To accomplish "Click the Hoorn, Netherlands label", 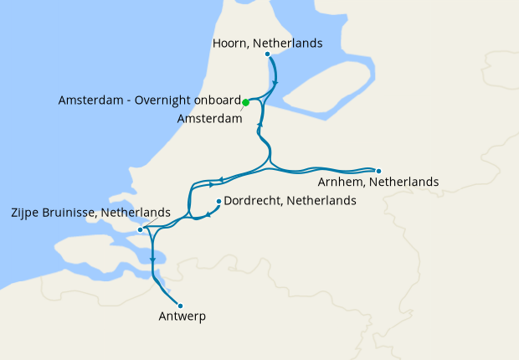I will point(266,43).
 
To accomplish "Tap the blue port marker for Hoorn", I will point(268,54).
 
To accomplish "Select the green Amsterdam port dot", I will point(245,102).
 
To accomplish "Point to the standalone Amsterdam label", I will point(209,119).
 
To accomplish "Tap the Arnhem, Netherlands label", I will point(378,182).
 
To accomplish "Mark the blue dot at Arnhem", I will point(378,170).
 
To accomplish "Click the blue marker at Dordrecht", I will point(219,201).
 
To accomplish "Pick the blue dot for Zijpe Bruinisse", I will point(140,229).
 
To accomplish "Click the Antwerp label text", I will point(182,316).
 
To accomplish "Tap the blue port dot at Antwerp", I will point(180,306).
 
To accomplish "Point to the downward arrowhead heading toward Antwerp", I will point(152,260).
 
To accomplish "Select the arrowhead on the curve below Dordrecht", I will point(208,216).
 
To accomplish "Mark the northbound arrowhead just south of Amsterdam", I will point(260,124).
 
